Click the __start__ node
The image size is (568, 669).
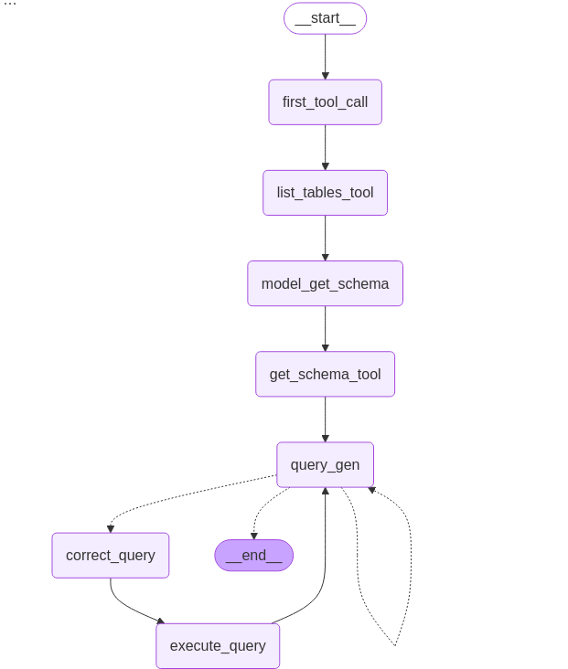[325, 18]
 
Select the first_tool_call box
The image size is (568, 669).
[325, 102]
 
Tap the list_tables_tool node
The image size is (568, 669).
[325, 193]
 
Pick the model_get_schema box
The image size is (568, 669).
[325, 283]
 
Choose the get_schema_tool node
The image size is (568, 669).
[325, 374]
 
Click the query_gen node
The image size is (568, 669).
[325, 464]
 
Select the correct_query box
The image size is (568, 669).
[111, 555]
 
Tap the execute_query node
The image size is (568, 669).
[218, 645]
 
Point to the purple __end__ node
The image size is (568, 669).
[253, 555]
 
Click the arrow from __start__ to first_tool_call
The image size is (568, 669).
[325, 57]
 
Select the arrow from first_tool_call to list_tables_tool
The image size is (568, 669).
[325, 147]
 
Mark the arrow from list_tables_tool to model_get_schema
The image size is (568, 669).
[325, 238]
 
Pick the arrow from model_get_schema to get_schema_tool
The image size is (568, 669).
[325, 328]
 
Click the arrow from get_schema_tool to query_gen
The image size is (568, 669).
[325, 419]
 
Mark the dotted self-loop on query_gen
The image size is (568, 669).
[409, 557]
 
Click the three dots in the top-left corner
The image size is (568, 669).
[10, 5]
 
